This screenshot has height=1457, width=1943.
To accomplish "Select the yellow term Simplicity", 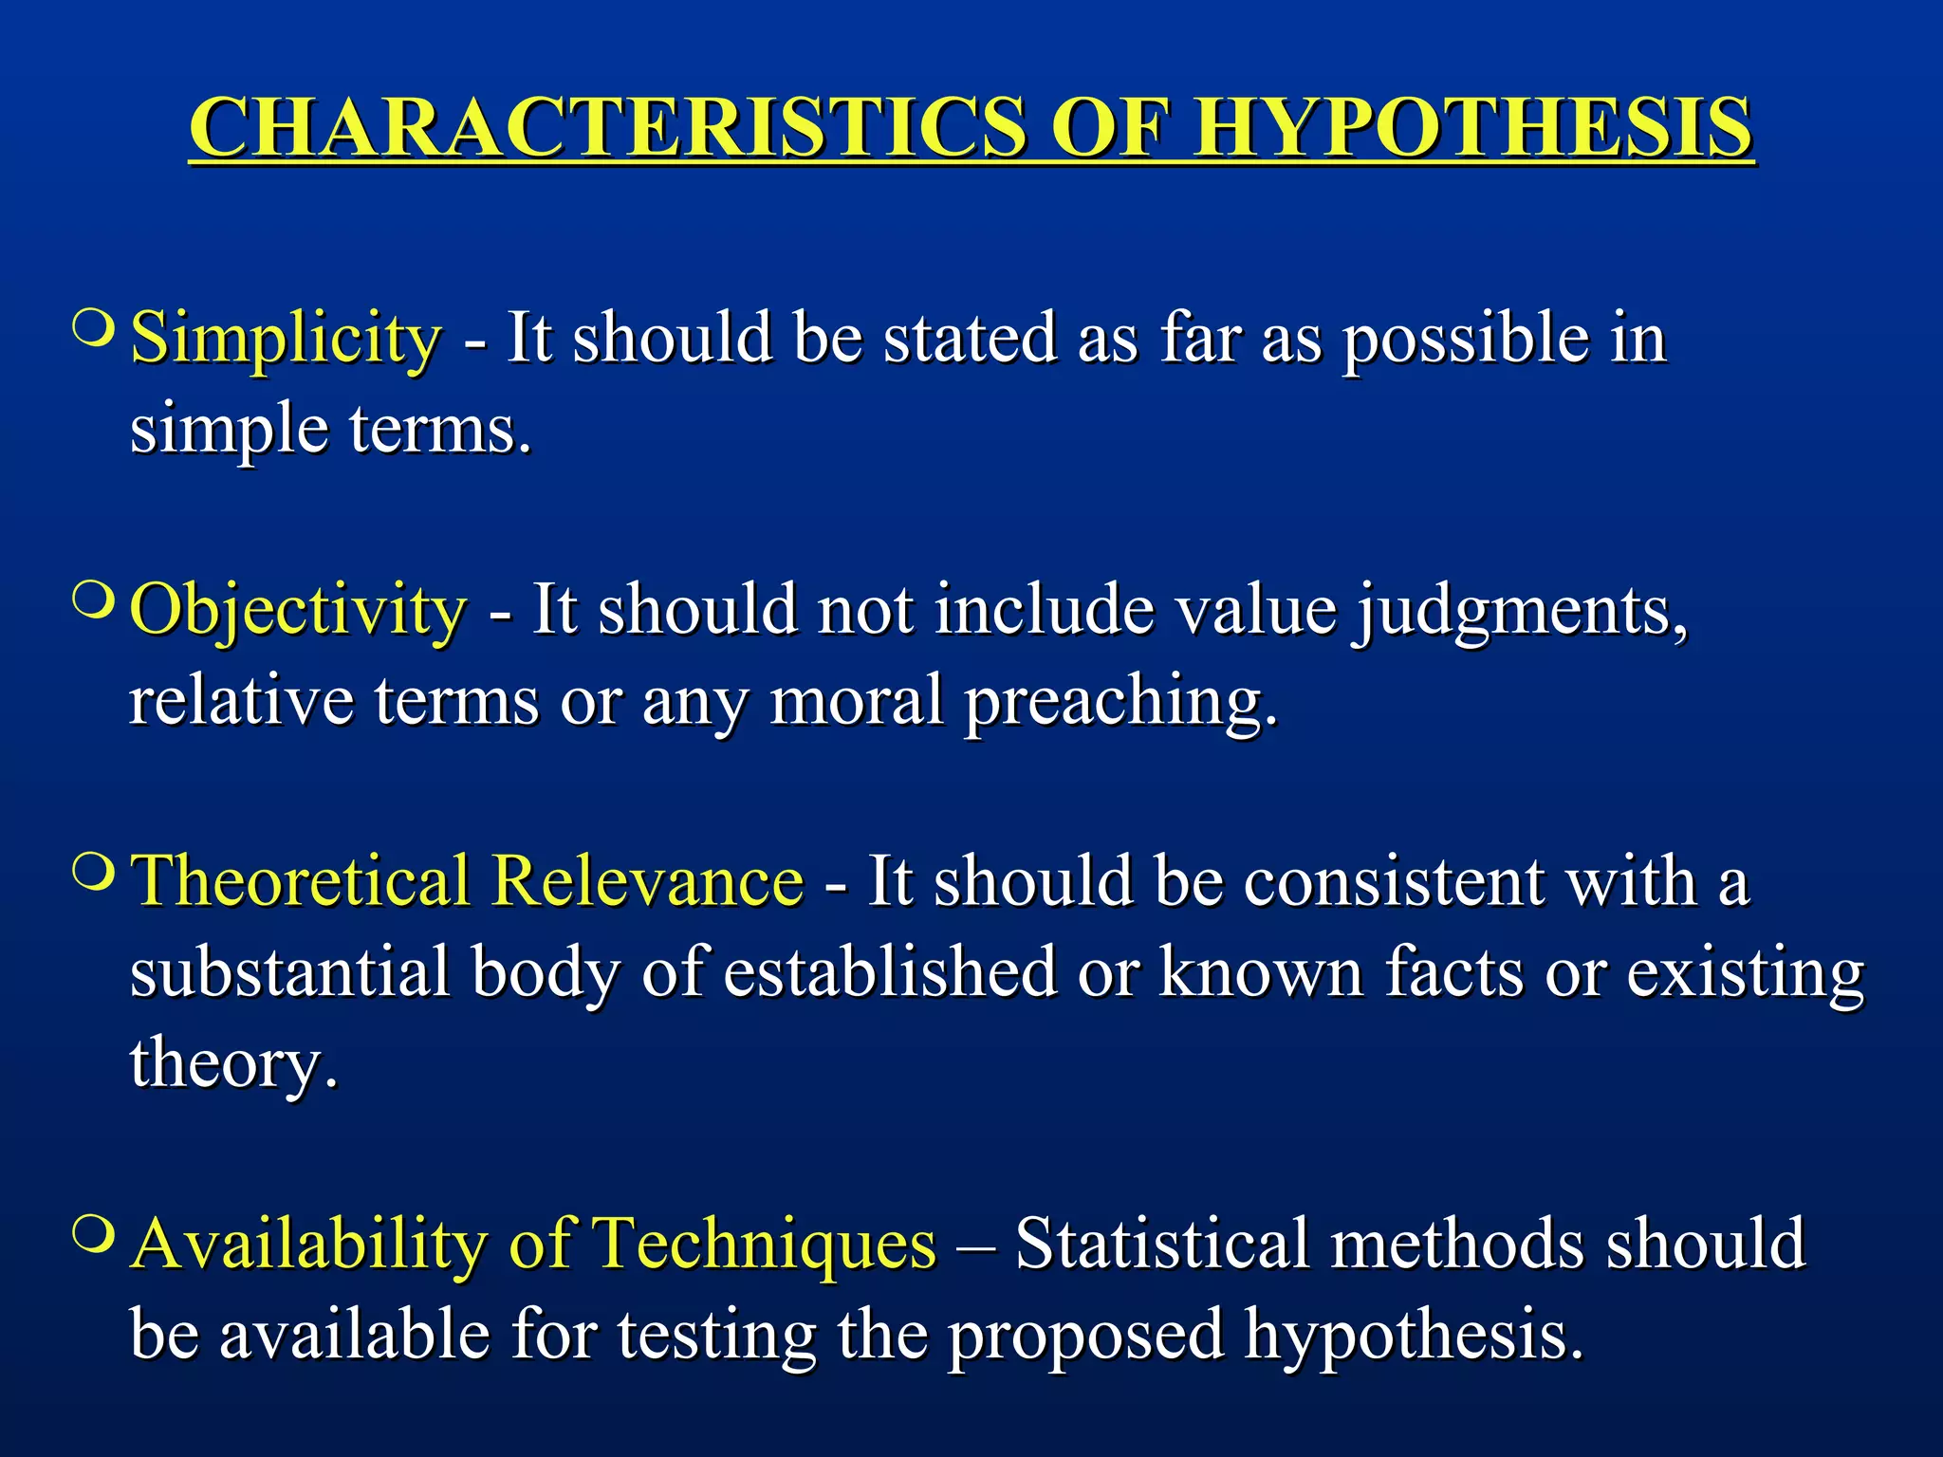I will [286, 338].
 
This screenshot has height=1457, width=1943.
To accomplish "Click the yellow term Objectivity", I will [298, 610].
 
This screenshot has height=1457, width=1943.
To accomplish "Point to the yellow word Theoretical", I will [301, 881].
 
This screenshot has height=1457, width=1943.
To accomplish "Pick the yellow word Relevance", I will [648, 881].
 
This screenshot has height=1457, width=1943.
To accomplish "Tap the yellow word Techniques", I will [764, 1244].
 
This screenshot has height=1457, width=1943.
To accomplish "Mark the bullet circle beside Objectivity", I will [94, 599].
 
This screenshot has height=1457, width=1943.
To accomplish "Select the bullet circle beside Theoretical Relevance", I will [94, 871].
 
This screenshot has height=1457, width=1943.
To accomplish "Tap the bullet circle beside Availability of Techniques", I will [94, 1233].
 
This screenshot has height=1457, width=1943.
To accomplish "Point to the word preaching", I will [1120, 703].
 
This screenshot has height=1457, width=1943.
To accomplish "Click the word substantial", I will [289, 972].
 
